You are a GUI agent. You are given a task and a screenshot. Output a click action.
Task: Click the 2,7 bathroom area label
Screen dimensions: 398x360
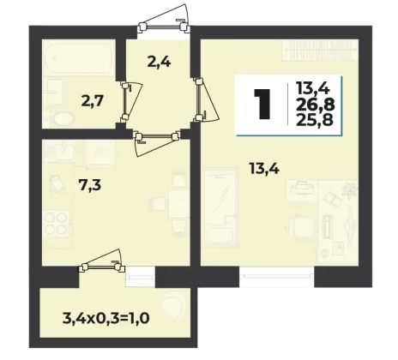(x=92, y=101)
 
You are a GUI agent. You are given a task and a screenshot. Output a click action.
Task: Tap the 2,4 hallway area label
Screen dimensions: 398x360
(x=160, y=62)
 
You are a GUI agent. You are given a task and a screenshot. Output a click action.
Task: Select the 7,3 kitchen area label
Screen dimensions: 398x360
(x=89, y=185)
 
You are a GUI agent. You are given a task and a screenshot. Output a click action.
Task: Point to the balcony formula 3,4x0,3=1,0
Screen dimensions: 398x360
(x=106, y=318)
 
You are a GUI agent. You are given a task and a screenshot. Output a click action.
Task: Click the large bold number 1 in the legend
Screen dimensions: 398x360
(x=262, y=104)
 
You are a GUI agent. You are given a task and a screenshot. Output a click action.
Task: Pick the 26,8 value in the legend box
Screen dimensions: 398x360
(x=315, y=105)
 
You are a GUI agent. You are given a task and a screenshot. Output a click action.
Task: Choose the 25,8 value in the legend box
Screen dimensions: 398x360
(x=315, y=120)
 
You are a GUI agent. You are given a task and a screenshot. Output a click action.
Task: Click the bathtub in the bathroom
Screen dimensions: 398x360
(x=79, y=57)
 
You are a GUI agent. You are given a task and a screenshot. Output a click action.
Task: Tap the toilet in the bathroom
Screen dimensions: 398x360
(x=63, y=119)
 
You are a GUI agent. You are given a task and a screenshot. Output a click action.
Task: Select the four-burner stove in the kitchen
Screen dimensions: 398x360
(x=57, y=223)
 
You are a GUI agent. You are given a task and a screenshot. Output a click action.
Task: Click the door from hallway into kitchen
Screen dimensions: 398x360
(x=156, y=142)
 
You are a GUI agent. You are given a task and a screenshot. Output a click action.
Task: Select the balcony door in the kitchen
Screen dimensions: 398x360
(x=102, y=261)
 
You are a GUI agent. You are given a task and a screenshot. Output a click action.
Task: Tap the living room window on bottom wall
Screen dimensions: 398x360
(x=276, y=276)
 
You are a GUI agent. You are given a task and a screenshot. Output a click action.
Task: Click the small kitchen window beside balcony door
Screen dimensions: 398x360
(x=140, y=277)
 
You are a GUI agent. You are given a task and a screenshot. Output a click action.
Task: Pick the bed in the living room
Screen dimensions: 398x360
(x=220, y=207)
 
